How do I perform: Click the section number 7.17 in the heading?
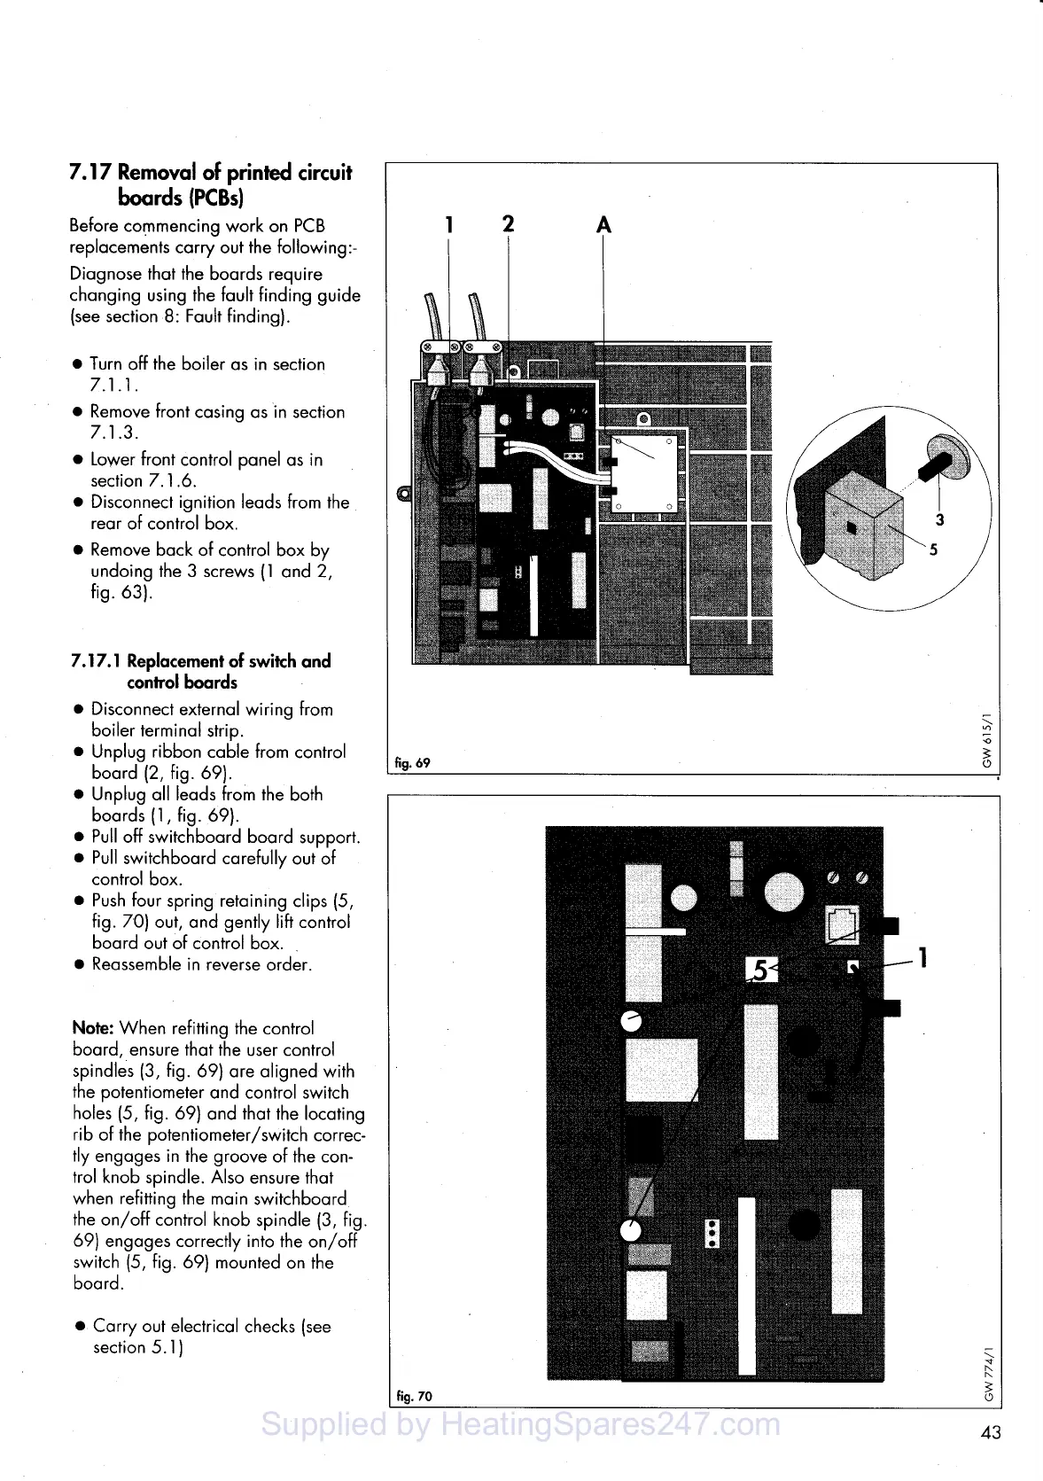click(x=90, y=172)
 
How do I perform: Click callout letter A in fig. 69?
click(x=603, y=226)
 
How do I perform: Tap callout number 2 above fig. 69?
click(x=508, y=223)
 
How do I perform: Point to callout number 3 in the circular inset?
click(x=940, y=520)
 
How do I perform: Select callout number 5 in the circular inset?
click(x=933, y=550)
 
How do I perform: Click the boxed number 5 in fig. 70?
click(x=760, y=970)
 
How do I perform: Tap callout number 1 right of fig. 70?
click(x=922, y=958)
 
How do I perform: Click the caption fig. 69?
click(x=412, y=762)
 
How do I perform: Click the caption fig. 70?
click(x=414, y=1397)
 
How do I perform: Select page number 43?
click(x=991, y=1431)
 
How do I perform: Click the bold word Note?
click(x=92, y=1029)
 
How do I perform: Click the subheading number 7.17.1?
click(x=97, y=661)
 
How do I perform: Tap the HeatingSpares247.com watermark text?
click(x=521, y=1424)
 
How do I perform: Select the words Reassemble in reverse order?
click(x=201, y=964)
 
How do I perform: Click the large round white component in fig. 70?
click(x=784, y=892)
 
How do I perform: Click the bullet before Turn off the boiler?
click(x=78, y=364)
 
